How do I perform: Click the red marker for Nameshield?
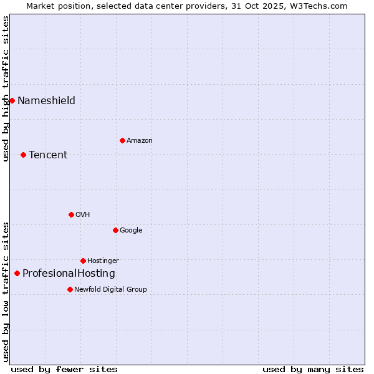pos(12,100)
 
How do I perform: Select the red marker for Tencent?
pos(23,155)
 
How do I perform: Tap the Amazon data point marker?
pos(122,140)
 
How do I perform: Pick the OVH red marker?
pos(71,214)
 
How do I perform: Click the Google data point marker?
pos(115,230)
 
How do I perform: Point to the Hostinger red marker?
pos(83,261)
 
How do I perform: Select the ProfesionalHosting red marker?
pos(17,273)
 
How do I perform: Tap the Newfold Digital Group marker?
pos(70,289)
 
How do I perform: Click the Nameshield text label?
pos(46,101)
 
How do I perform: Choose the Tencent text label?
pos(48,155)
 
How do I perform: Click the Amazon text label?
pos(140,141)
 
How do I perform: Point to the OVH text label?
pos(83,215)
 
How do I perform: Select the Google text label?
pos(131,231)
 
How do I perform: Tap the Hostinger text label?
pos(103,261)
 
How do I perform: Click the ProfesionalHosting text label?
pos(69,274)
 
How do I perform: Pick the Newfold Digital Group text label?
pos(110,290)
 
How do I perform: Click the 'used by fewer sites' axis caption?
pos(64,369)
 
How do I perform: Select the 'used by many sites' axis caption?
pos(313,369)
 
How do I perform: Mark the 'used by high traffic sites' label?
pos(6,89)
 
